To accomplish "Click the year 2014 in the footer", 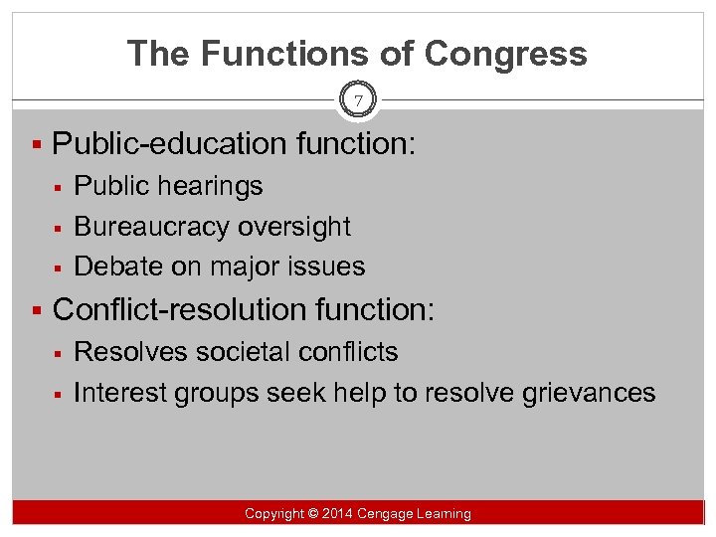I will click(x=337, y=514).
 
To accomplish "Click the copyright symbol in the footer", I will click(x=312, y=514).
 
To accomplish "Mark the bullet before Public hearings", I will click(x=60, y=186).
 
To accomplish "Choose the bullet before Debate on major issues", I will click(x=60, y=267).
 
